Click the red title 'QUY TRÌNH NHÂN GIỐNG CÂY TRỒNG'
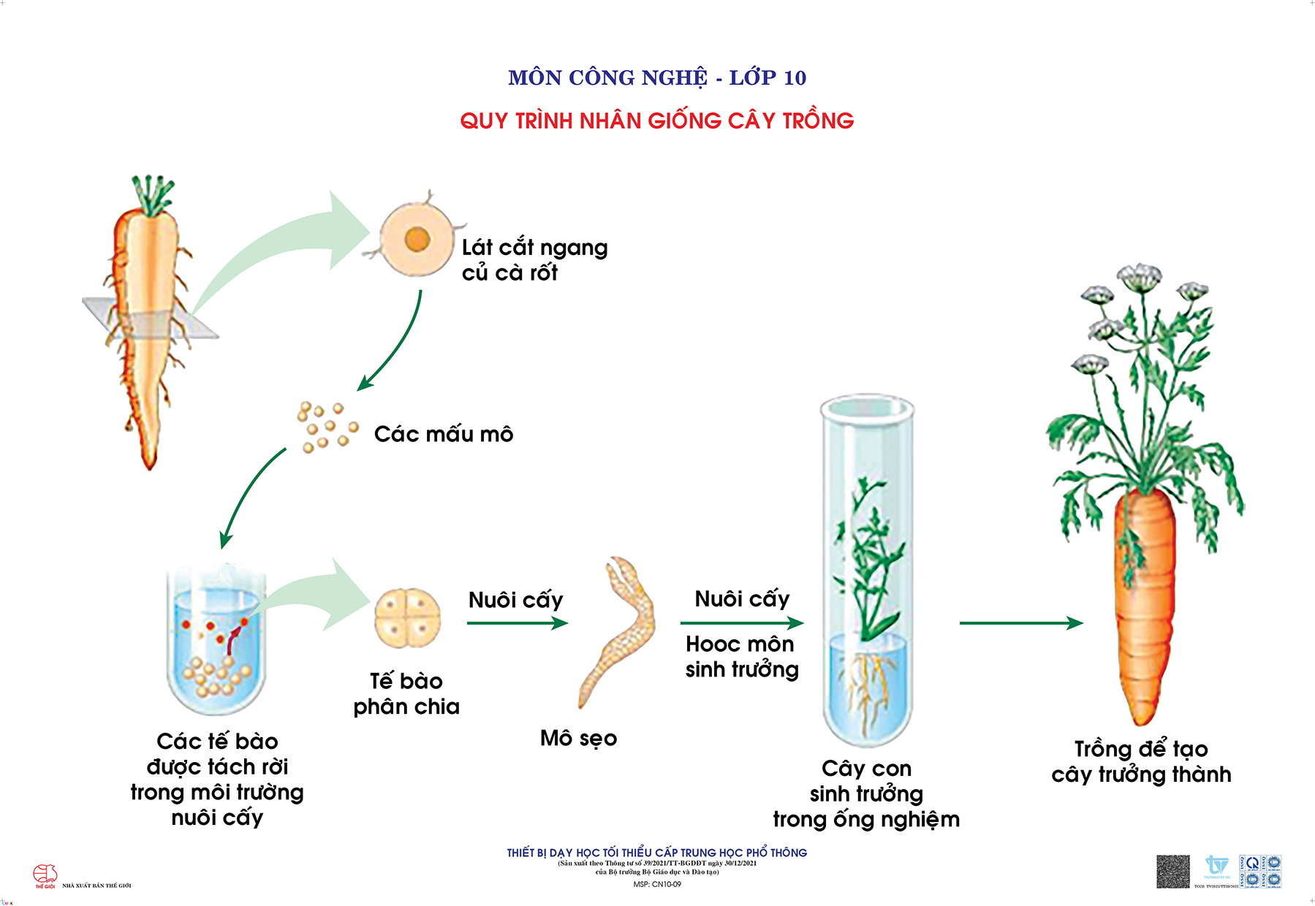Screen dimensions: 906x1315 pyautogui.click(x=656, y=121)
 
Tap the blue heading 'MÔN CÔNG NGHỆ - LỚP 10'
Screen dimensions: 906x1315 pyautogui.click(x=656, y=77)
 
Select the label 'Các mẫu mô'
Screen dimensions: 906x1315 pyautogui.click(x=444, y=434)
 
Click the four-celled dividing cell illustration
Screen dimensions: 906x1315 pyautogui.click(x=407, y=618)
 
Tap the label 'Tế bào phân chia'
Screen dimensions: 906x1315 pyautogui.click(x=406, y=693)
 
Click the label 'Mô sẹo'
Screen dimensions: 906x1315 pyautogui.click(x=578, y=738)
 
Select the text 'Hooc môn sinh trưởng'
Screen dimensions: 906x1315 pyautogui.click(x=741, y=656)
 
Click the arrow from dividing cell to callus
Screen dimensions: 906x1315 pyautogui.click(x=517, y=623)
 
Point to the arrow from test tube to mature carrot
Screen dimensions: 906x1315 pyautogui.click(x=1020, y=623)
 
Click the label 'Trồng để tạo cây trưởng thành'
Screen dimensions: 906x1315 pyautogui.click(x=1141, y=761)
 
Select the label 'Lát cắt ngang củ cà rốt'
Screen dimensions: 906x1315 pyautogui.click(x=534, y=260)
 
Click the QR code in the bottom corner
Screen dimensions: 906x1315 pyautogui.click(x=1172, y=872)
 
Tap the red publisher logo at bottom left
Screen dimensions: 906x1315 pyautogui.click(x=45, y=875)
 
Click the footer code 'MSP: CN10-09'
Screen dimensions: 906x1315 pyautogui.click(x=656, y=884)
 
